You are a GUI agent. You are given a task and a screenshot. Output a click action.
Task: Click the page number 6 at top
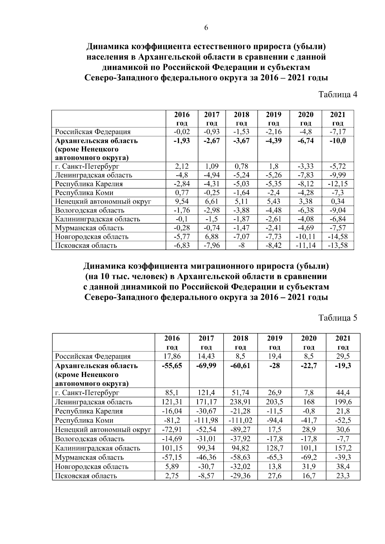(x=206, y=28)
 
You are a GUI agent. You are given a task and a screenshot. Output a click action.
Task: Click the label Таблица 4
(x=338, y=94)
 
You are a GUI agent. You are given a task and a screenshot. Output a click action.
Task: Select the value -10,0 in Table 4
(x=338, y=141)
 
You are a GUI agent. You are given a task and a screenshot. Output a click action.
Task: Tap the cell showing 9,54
(x=182, y=201)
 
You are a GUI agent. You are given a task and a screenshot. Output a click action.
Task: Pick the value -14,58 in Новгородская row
(x=338, y=237)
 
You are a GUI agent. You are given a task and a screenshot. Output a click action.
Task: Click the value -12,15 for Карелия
(x=338, y=184)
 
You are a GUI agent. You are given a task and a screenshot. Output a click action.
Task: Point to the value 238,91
(x=240, y=402)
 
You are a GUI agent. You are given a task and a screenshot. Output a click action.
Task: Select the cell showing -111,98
(x=206, y=420)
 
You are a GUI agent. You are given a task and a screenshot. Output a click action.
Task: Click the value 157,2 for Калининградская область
(x=343, y=448)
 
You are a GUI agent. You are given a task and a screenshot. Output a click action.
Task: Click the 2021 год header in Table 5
(x=343, y=342)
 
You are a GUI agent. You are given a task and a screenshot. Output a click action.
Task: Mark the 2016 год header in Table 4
(x=182, y=119)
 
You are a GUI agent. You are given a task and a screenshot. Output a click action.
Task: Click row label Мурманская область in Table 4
(x=89, y=228)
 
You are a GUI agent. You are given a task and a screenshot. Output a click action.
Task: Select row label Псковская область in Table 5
(x=86, y=476)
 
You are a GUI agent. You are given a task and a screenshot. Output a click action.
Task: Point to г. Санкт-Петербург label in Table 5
(x=87, y=393)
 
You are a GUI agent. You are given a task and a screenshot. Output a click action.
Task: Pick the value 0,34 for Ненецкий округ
(x=338, y=201)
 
